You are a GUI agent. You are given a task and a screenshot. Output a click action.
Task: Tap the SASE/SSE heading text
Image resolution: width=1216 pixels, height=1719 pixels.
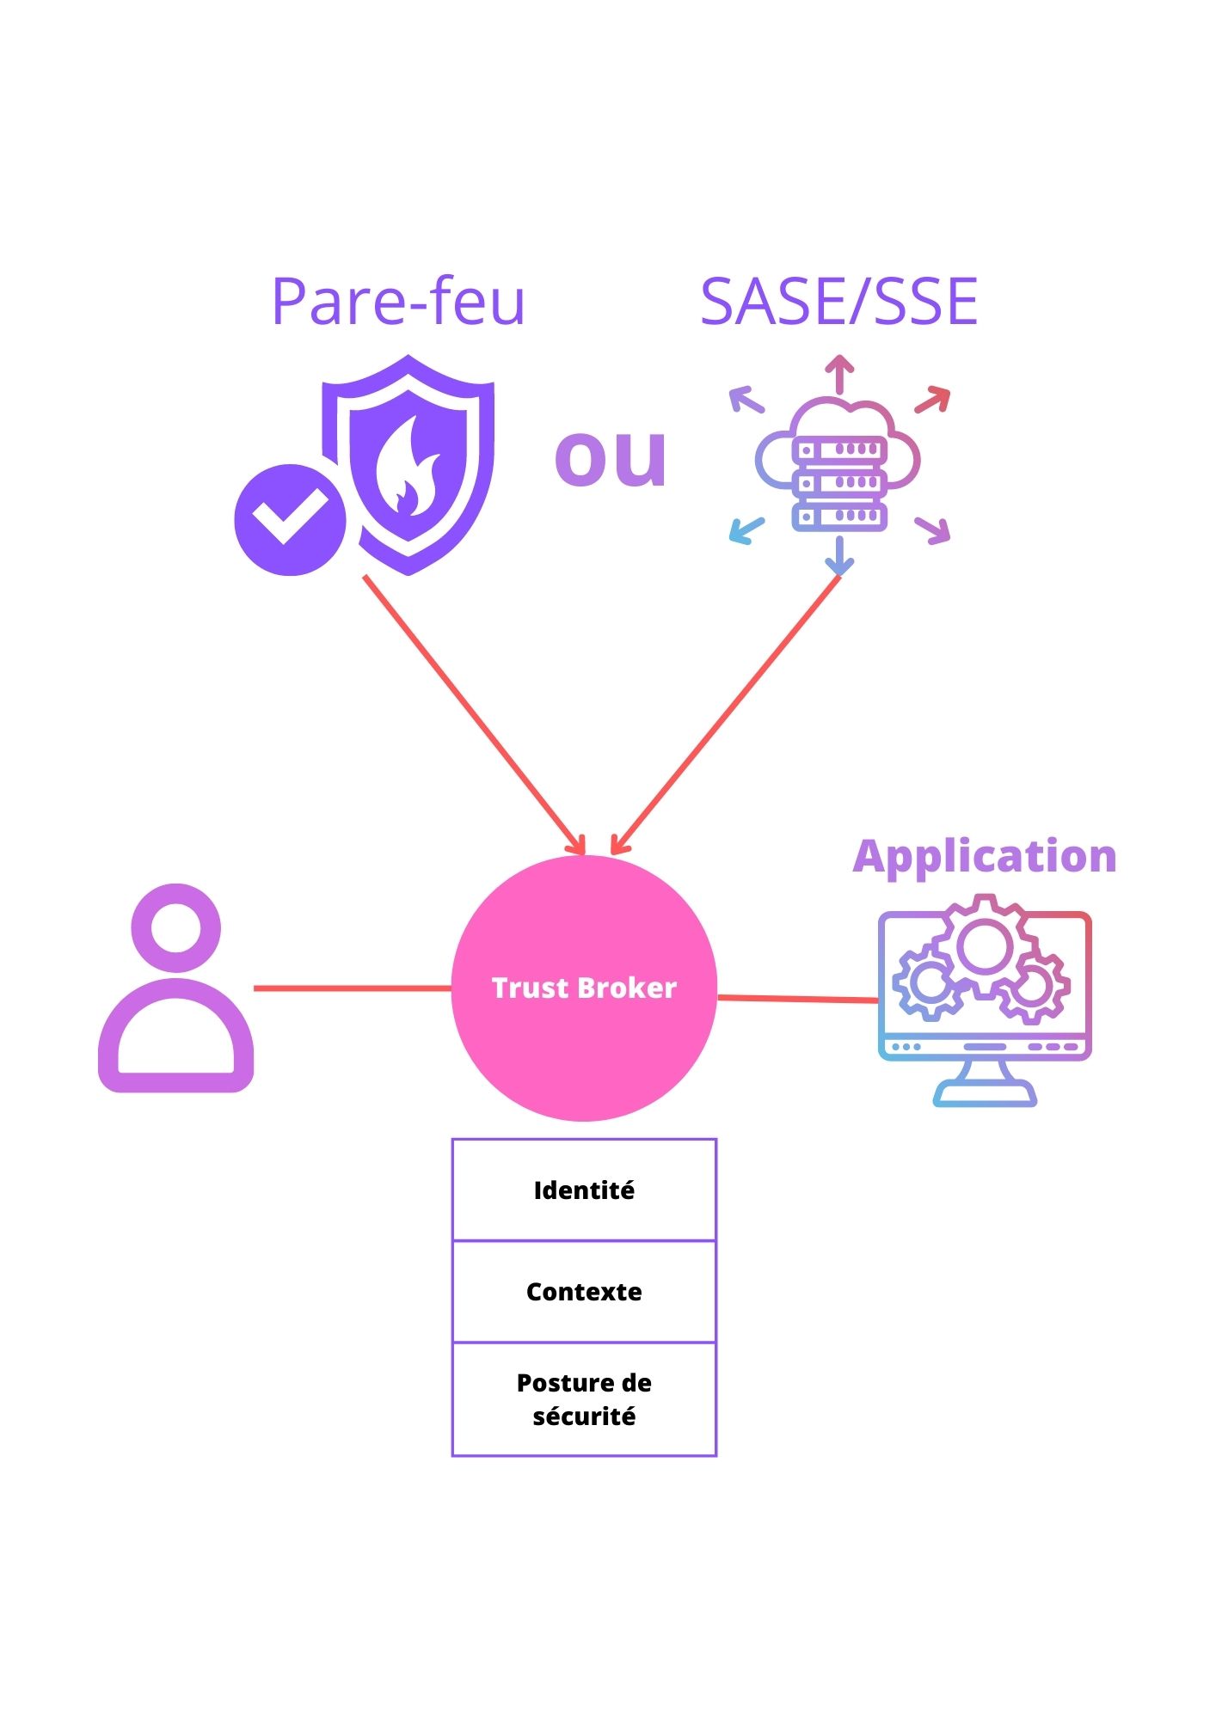click(838, 302)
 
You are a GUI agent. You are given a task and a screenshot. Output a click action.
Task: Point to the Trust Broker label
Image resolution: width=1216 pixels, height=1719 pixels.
click(584, 988)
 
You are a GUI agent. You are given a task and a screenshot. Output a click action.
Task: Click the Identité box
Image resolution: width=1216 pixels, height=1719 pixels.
click(584, 1190)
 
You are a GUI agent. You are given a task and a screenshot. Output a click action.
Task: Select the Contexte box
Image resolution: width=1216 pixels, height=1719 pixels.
click(584, 1291)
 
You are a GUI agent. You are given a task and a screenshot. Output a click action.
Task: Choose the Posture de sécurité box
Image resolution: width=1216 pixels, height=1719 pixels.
click(584, 1398)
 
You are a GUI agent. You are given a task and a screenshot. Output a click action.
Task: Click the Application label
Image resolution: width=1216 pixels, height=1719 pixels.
click(985, 856)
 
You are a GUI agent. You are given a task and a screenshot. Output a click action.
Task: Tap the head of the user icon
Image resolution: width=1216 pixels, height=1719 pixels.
click(176, 928)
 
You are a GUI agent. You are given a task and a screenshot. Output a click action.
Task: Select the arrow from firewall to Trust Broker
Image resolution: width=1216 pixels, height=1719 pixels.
click(473, 713)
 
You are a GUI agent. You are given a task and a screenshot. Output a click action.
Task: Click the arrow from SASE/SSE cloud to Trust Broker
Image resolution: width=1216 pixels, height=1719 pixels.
click(727, 713)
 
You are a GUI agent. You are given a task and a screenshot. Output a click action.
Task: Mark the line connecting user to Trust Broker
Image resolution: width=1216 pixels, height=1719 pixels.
click(353, 988)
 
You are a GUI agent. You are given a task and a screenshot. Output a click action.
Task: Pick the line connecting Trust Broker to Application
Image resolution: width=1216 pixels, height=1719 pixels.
click(797, 999)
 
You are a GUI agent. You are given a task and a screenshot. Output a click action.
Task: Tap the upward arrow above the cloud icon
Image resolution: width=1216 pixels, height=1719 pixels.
click(839, 375)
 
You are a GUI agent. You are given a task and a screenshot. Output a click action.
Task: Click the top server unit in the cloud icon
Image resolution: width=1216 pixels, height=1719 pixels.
click(839, 450)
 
